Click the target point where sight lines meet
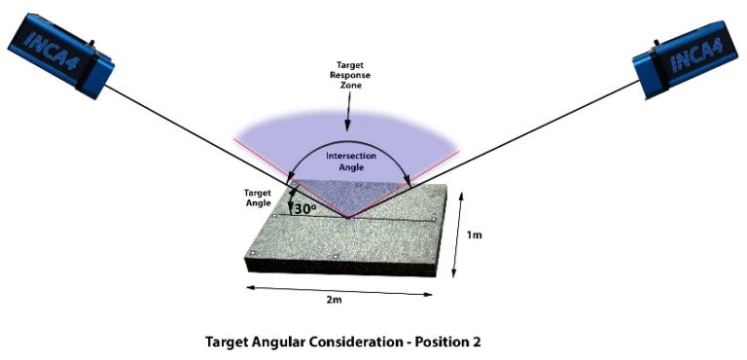(347, 216)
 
